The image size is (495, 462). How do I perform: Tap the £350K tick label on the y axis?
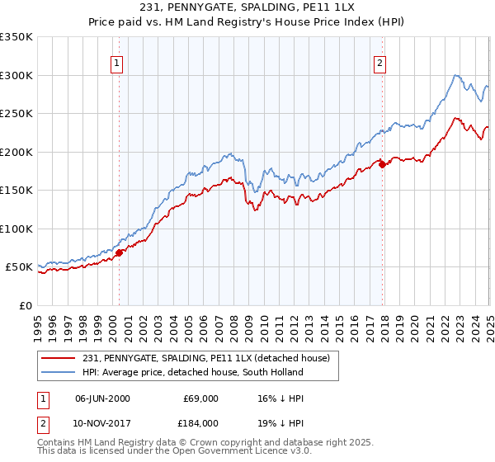(16, 37)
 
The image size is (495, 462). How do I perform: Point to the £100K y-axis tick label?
(16, 229)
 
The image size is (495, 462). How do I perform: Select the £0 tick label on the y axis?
(26, 305)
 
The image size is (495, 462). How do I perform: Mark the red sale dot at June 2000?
(119, 252)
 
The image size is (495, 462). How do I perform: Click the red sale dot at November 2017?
(382, 164)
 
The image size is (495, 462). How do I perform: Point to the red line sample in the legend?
(59, 358)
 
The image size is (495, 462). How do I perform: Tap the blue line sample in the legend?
(59, 372)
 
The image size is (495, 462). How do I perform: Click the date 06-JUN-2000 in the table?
(102, 398)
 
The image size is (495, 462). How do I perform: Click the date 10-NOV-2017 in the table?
(102, 422)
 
